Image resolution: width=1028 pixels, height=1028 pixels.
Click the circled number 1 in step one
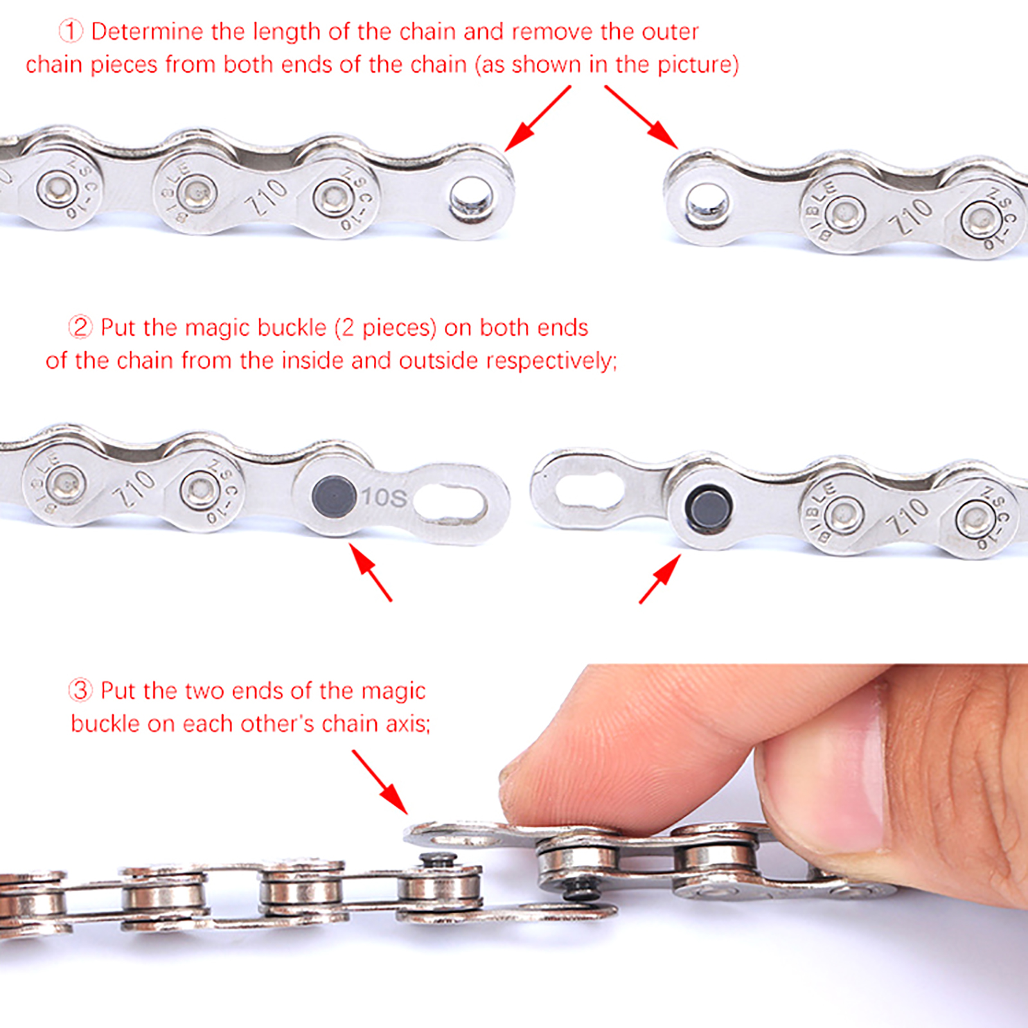[x=71, y=31]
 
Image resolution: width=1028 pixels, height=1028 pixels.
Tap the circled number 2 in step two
[x=80, y=327]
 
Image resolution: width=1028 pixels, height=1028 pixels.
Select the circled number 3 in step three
[x=80, y=690]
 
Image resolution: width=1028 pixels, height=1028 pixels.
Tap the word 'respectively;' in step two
[x=552, y=361]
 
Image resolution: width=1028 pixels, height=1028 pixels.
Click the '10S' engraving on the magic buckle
[x=384, y=497]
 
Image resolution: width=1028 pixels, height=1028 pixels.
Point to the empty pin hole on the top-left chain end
[x=470, y=196]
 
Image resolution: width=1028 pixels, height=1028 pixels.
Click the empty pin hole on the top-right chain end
[x=707, y=206]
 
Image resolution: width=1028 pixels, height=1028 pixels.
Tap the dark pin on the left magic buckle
[x=333, y=497]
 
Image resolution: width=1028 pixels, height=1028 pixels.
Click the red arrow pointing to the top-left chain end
[x=538, y=118]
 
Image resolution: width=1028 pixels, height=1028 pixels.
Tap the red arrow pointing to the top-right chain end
[x=641, y=116]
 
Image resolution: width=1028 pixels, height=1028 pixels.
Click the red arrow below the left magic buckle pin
[x=371, y=572]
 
